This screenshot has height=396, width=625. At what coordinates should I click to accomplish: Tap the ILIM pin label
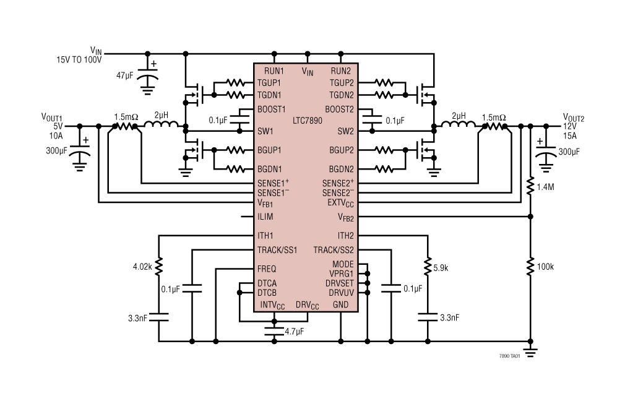[x=265, y=217]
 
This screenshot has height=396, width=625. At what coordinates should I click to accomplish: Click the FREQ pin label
[x=267, y=269]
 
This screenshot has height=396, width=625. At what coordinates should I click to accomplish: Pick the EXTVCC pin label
[x=340, y=203]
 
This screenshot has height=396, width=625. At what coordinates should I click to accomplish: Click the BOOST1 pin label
[x=272, y=109]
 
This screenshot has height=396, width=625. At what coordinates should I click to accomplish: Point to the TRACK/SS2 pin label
[x=334, y=250]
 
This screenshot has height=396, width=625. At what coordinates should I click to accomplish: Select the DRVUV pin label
[x=341, y=292]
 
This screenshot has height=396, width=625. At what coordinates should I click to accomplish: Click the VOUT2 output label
[x=573, y=117]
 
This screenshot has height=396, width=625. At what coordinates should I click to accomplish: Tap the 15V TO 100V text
[x=79, y=60]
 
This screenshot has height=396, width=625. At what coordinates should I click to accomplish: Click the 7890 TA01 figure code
[x=509, y=357]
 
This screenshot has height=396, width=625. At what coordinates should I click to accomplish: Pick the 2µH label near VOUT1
[x=162, y=116]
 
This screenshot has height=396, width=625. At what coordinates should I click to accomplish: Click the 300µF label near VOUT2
[x=569, y=152]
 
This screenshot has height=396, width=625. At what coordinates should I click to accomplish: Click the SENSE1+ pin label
[x=274, y=183]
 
